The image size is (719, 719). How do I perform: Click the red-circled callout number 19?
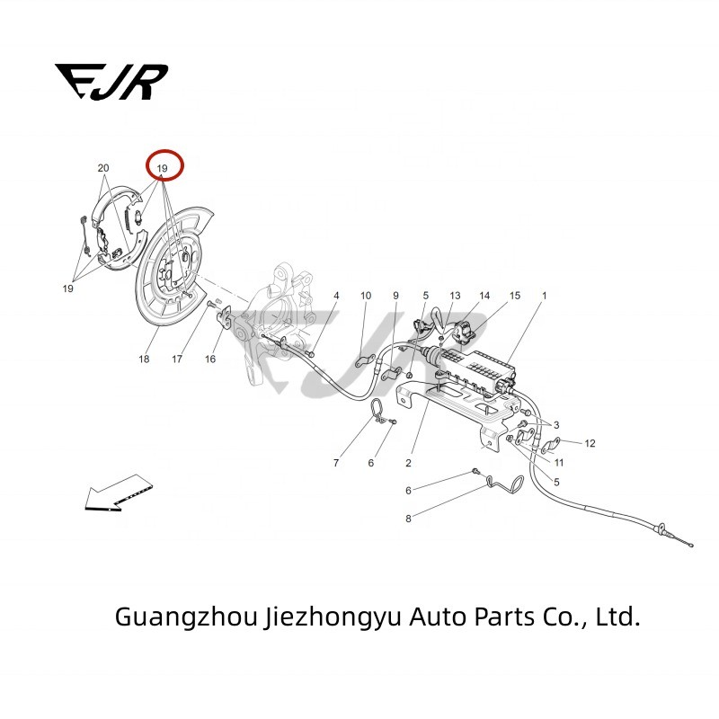163,168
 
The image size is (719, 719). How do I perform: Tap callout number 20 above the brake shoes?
103,168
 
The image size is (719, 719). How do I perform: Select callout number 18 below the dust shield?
144,359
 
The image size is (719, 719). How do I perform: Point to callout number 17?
177,359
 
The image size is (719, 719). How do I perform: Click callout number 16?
210,359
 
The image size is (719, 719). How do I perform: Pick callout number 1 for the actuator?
545,296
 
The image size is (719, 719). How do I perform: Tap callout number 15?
515,296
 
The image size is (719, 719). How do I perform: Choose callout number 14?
484,296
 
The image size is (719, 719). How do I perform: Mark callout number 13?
455,296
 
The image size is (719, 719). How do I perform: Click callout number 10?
366,296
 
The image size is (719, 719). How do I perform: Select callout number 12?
590,443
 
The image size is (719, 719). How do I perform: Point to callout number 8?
408,519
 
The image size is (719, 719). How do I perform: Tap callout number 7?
336,463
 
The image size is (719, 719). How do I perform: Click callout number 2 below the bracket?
408,463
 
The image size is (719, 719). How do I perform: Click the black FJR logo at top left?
111,81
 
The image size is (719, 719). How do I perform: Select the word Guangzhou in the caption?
186,617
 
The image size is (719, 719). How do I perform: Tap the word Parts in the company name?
504,617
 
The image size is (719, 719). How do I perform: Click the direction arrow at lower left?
119,493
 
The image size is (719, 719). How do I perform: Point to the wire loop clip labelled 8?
505,483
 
